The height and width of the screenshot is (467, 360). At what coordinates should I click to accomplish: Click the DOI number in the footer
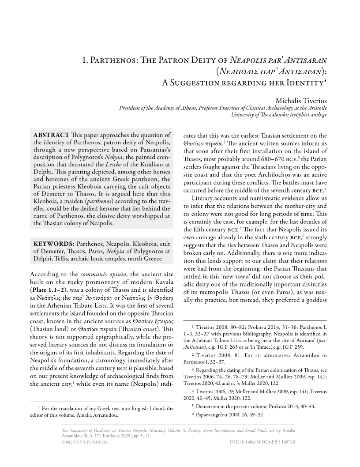coord(262,441)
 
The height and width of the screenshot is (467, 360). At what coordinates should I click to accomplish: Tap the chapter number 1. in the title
coord(86,60)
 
